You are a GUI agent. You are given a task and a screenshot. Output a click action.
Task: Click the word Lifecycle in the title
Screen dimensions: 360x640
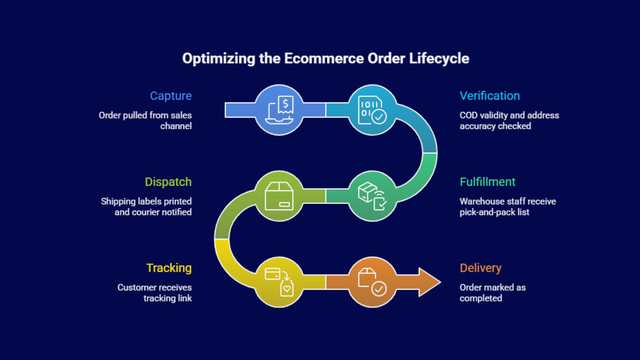click(439, 58)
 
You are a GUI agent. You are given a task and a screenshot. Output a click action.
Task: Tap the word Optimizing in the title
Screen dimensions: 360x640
click(218, 58)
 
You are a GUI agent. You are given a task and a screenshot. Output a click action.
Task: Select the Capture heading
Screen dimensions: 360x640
click(171, 96)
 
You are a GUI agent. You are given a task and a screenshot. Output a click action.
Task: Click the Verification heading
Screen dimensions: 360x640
click(490, 96)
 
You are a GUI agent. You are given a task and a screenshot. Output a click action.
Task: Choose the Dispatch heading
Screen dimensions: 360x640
click(168, 182)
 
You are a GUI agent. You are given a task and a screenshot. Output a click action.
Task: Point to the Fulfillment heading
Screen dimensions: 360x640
click(487, 182)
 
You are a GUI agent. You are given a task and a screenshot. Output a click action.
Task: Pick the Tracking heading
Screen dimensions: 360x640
click(169, 268)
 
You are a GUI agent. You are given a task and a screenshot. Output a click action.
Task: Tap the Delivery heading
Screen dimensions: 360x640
click(480, 268)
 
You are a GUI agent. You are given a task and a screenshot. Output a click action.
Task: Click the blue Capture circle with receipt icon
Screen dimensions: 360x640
click(279, 110)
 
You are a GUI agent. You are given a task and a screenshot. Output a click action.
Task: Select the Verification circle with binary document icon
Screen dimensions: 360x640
click(372, 110)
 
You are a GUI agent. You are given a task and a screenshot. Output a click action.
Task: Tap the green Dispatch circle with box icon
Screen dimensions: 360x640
click(279, 196)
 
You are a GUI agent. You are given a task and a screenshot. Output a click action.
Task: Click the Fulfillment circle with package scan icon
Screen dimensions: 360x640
click(372, 196)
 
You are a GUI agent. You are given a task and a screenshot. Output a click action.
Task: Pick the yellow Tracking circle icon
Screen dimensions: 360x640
click(279, 282)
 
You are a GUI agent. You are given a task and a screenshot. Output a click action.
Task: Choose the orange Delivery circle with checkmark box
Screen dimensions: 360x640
click(372, 282)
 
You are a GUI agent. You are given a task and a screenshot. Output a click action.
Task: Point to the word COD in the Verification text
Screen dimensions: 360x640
click(468, 115)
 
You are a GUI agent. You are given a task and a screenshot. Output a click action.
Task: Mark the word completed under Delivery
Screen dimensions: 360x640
click(480, 298)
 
